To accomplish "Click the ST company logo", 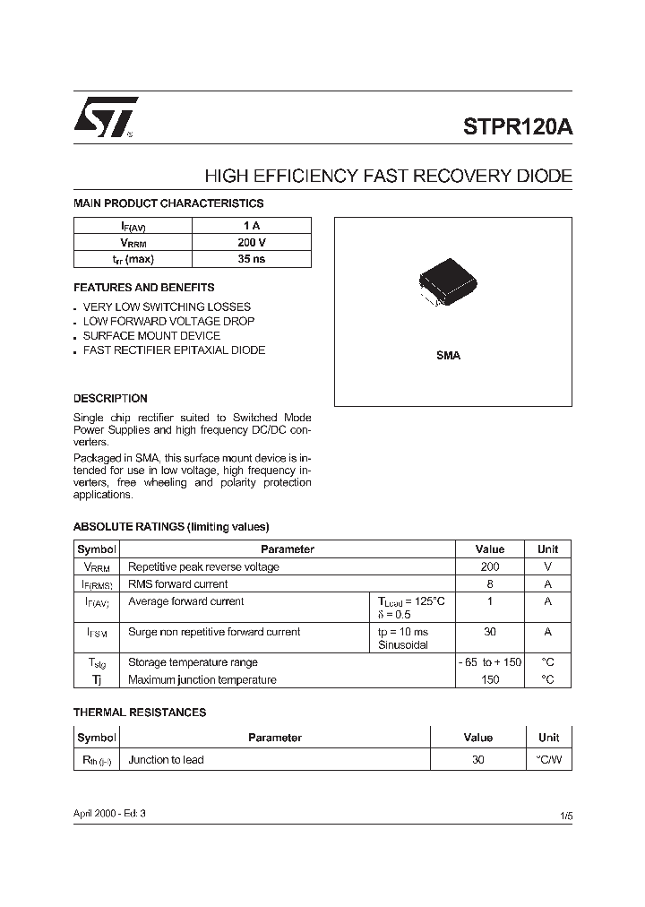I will (106, 117).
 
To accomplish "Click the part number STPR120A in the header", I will (518, 126).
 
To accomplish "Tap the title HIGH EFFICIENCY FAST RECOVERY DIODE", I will (388, 177).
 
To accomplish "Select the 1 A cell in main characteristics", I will (252, 226).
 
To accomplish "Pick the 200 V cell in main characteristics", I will (252, 243).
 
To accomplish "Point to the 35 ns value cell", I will (252, 259).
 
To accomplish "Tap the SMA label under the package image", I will (448, 356).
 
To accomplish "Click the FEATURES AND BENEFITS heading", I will (143, 288).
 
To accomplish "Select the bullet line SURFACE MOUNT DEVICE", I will (150, 335).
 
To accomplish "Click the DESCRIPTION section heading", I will (110, 398).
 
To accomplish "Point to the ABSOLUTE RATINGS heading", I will (170, 527).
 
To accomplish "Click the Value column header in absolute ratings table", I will (490, 549).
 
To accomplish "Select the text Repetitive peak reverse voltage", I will (203, 566).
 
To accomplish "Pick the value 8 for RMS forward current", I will (490, 583).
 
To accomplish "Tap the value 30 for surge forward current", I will (490, 632).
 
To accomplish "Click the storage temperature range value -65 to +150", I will (490, 662).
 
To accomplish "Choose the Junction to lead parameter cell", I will (166, 760).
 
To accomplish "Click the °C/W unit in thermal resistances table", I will (548, 760).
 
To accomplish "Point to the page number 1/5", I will (565, 816).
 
